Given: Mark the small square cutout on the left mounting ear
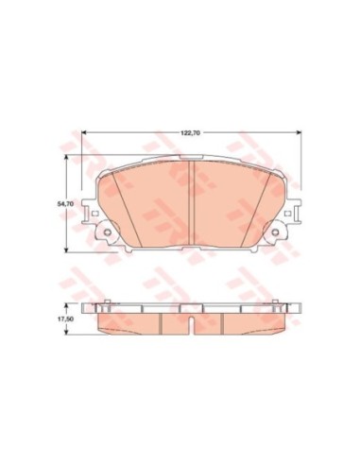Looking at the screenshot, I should [x=94, y=215].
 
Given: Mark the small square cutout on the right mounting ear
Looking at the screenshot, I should [x=292, y=215].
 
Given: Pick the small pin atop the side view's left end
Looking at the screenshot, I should [x=108, y=304].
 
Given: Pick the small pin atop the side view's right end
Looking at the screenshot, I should [x=278, y=304].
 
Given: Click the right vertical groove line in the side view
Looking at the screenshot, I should [x=223, y=322].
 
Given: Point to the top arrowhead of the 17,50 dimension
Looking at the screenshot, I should [x=66, y=307].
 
